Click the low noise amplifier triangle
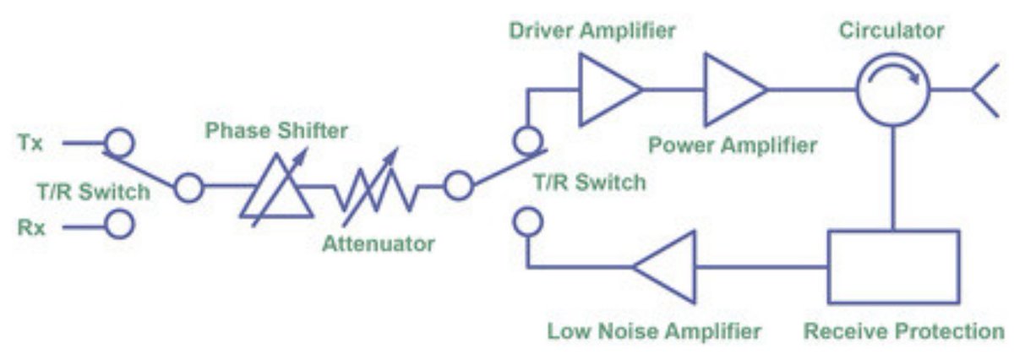coord(668,266)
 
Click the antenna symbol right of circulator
coord(982,88)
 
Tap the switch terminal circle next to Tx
coord(118,142)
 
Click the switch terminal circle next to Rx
coord(119,226)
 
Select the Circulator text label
coord(891,31)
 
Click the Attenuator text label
coord(378,245)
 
